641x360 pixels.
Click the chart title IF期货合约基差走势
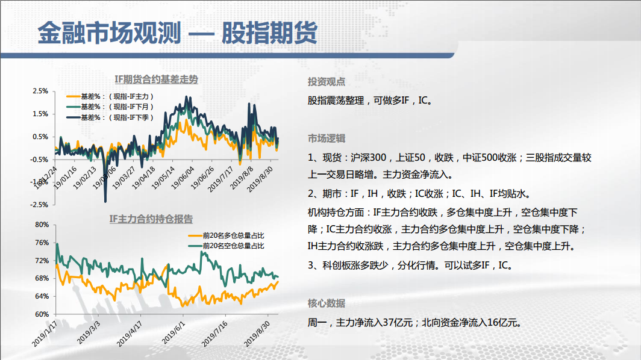tap(156, 79)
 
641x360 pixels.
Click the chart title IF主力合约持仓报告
tap(151, 219)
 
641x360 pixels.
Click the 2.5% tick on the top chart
tap(40, 91)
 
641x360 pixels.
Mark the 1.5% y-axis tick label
tap(40, 114)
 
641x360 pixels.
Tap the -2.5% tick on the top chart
tap(39, 205)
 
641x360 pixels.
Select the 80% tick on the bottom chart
tap(42, 225)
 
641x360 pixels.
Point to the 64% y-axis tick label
tap(42, 296)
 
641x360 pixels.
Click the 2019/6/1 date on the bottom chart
tap(174, 332)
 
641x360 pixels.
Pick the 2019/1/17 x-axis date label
tap(45, 334)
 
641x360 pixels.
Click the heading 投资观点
tap(327, 82)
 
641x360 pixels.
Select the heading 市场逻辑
tap(327, 138)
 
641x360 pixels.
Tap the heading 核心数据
tap(327, 303)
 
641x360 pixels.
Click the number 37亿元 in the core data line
tap(398, 323)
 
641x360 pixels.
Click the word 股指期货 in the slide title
tap(269, 33)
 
